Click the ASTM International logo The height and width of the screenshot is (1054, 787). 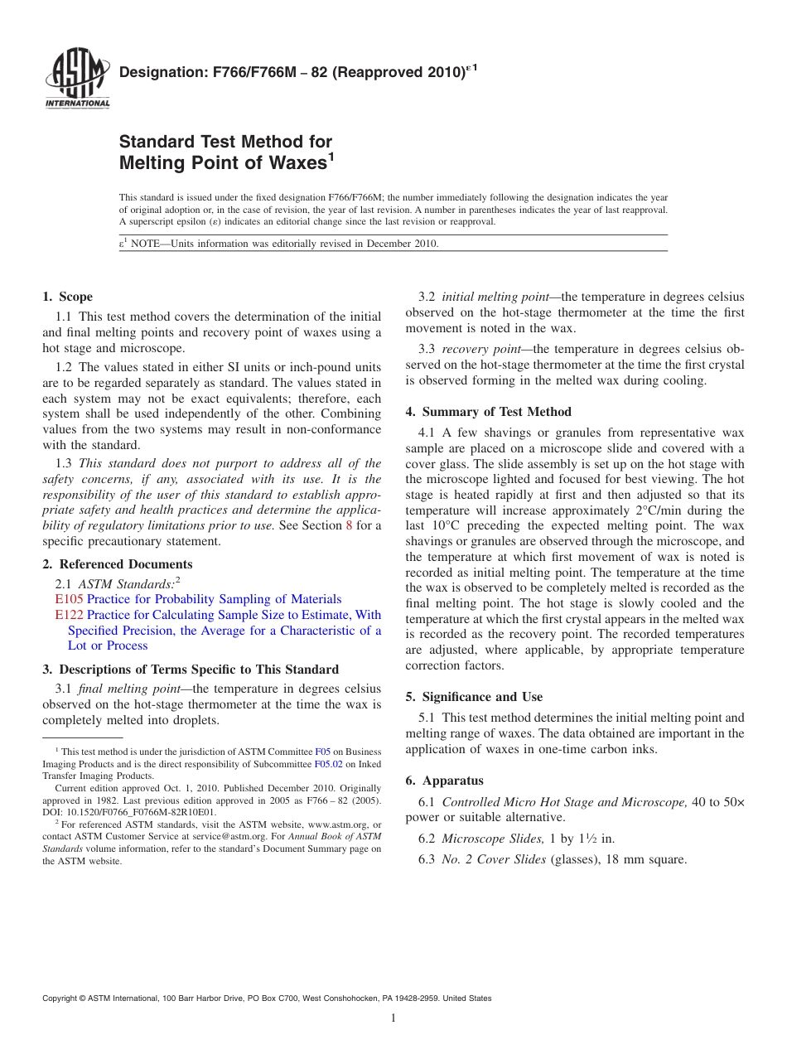(77, 80)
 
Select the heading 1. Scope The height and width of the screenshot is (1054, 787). (67, 297)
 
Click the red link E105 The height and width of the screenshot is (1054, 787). (69, 599)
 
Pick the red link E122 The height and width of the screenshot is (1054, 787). (69, 615)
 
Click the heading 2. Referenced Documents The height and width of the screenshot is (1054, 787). (117, 564)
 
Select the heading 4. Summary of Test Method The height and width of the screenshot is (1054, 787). (488, 412)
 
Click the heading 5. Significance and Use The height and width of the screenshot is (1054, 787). (474, 697)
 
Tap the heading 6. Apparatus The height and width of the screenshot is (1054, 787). (444, 781)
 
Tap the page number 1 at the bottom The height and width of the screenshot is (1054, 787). (393, 1018)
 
